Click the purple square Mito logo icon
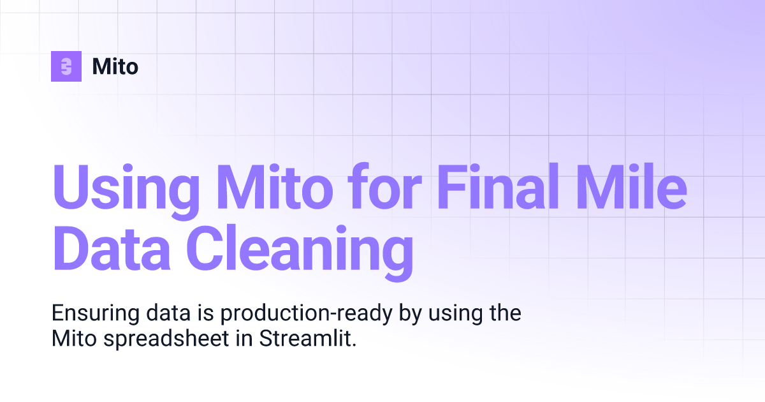(66, 66)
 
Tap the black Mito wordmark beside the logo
(115, 66)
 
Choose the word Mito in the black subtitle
(71, 339)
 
